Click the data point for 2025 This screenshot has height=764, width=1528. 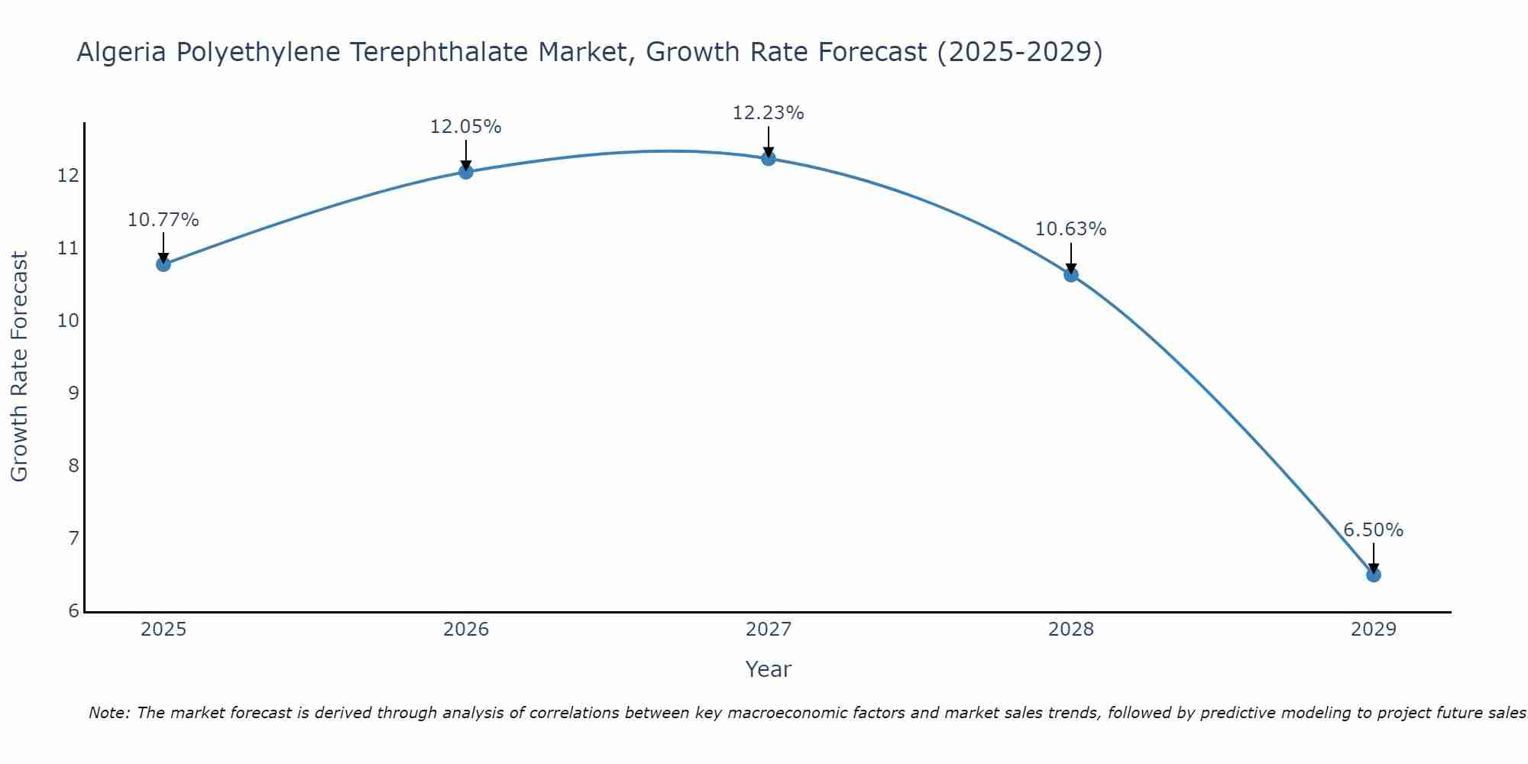pyautogui.click(x=163, y=264)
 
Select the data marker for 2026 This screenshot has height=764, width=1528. pyautogui.click(x=466, y=171)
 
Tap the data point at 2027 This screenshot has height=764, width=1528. pyautogui.click(x=769, y=158)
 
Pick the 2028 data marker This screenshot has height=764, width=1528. pyautogui.click(x=1071, y=274)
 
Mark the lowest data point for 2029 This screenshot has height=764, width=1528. pyautogui.click(x=1373, y=575)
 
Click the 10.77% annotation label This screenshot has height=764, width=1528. pyautogui.click(x=163, y=220)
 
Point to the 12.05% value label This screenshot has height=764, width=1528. pyautogui.click(x=466, y=127)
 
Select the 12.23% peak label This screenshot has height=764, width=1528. pyautogui.click(x=769, y=113)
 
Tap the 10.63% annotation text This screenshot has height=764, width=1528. pyautogui.click(x=1071, y=229)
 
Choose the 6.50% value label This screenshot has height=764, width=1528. pyautogui.click(x=1373, y=530)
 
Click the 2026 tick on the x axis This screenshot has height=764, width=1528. pyautogui.click(x=466, y=630)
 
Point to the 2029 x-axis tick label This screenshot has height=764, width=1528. pyautogui.click(x=1373, y=630)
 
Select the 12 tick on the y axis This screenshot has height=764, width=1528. pyautogui.click(x=69, y=176)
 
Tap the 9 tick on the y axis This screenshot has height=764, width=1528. pyautogui.click(x=73, y=393)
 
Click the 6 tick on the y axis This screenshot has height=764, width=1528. pyautogui.click(x=73, y=611)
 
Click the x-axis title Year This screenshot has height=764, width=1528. pyautogui.click(x=769, y=669)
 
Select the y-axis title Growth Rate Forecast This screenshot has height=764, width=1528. pyautogui.click(x=20, y=367)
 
